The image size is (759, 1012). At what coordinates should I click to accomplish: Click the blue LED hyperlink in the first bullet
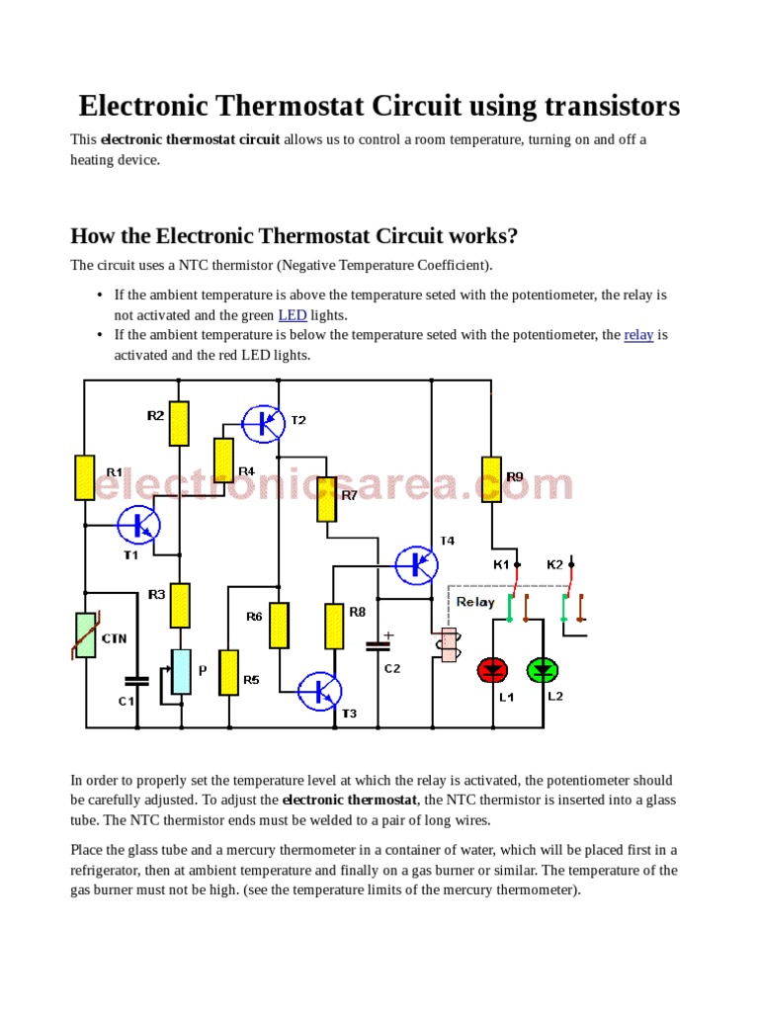coord(293,315)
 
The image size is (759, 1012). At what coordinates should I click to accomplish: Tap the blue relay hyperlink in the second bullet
coord(638,335)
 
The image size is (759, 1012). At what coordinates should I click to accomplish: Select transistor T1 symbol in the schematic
coord(138,525)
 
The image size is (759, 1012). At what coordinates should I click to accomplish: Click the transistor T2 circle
coord(263,422)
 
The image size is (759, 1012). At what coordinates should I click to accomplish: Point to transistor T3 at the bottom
coord(318,691)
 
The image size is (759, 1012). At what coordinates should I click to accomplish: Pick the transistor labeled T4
coord(416,563)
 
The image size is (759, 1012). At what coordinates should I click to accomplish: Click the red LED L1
coord(492,670)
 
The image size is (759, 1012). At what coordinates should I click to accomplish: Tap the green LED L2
coord(543,670)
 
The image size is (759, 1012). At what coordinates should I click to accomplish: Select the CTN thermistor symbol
coord(86,634)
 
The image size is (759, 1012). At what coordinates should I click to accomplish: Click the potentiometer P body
coord(181,672)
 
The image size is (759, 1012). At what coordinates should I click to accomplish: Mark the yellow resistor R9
coord(491,479)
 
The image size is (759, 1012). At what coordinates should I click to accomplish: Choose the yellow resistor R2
coord(179,423)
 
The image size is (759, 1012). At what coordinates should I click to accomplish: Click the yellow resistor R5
coord(228,672)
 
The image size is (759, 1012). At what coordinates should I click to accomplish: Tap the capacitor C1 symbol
coord(136,680)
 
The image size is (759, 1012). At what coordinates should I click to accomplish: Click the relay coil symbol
coord(449,644)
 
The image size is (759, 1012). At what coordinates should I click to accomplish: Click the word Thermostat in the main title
coord(309,106)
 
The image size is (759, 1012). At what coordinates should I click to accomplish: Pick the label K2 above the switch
coord(554,564)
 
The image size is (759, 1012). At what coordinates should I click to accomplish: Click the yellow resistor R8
coord(334,627)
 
